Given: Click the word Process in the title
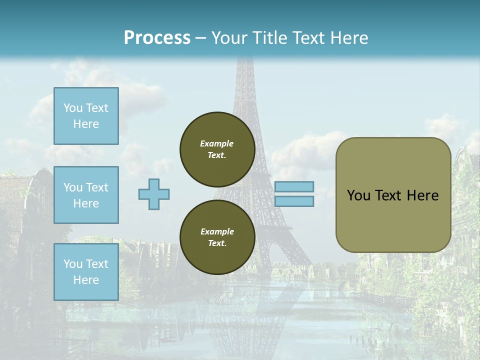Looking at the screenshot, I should [x=157, y=38].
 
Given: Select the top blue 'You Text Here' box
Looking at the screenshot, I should [x=86, y=116].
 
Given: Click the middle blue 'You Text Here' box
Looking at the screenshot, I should [x=86, y=195].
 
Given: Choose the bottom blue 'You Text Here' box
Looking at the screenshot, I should [x=86, y=272].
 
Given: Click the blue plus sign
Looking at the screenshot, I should [x=154, y=194].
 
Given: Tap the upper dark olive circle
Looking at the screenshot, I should [x=217, y=149].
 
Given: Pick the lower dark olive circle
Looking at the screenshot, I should [x=217, y=237].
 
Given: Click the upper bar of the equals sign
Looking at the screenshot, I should [x=294, y=187].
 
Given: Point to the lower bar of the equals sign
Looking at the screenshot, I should [x=294, y=201].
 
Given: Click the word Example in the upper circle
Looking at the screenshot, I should [x=217, y=143].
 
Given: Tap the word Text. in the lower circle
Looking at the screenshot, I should [x=217, y=243].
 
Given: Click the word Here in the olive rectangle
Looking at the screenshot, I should [x=423, y=195].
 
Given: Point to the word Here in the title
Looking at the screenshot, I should [x=349, y=38].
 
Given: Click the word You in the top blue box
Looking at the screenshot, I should [x=73, y=108].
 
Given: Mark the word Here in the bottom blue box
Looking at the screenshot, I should [x=86, y=280].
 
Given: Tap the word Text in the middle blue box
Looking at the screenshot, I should [x=96, y=187].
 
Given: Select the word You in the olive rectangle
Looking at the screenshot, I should [x=358, y=195].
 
